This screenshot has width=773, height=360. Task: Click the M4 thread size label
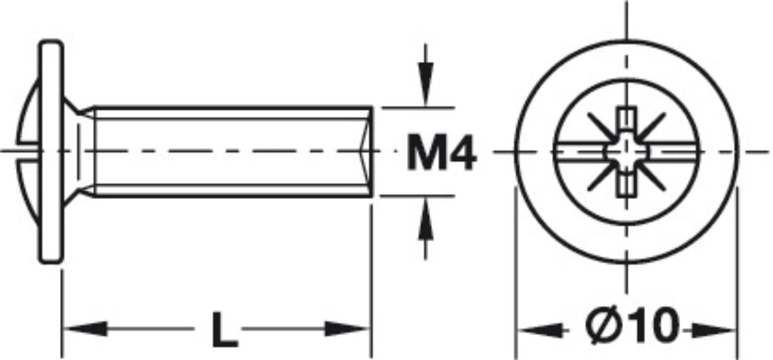click(442, 152)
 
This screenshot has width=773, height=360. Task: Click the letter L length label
click(224, 329)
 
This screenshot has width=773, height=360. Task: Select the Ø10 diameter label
click(632, 325)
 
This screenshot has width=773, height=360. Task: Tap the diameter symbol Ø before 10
click(602, 325)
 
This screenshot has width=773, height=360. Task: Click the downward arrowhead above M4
click(426, 84)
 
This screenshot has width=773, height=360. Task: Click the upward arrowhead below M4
click(426, 219)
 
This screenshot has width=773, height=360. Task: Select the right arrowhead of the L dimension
click(347, 329)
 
